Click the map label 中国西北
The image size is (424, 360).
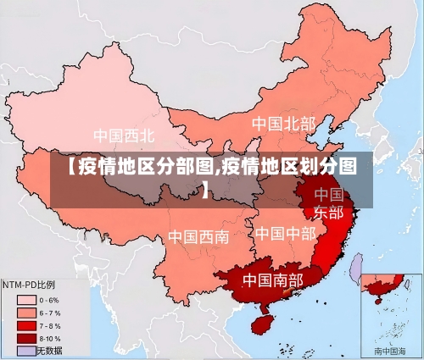tap(124, 135)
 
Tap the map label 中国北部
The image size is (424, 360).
tap(283, 124)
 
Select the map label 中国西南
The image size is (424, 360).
tap(198, 236)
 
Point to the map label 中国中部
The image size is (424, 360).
tap(285, 232)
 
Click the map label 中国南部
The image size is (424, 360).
tap(272, 279)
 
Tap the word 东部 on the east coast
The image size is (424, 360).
tap(328, 212)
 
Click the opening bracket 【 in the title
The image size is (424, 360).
tap(66, 166)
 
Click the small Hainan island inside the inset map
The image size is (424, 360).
tap(369, 296)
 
